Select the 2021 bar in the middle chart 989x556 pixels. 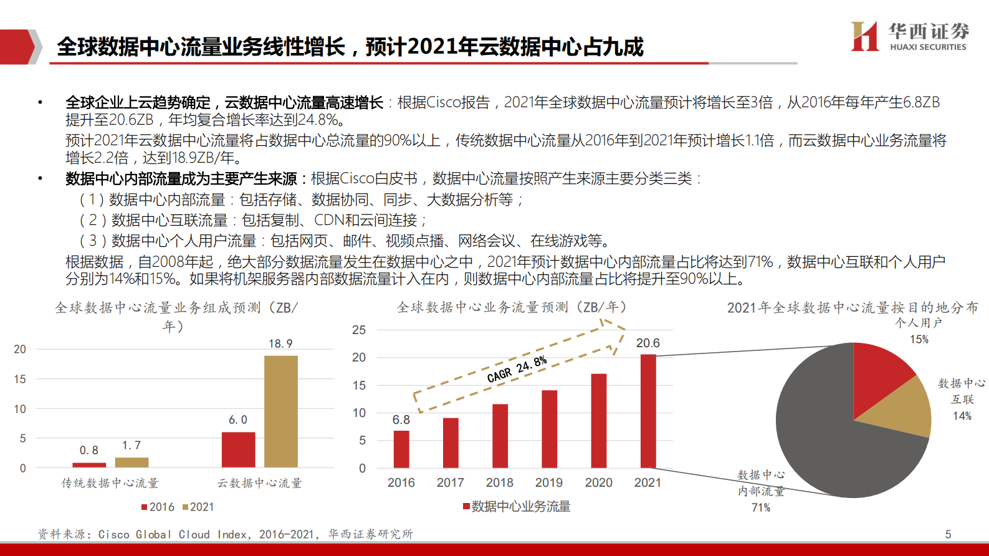pos(648,411)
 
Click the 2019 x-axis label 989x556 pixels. pos(549,482)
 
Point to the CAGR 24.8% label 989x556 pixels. pos(517,369)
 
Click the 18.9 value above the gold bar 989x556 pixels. pos(280,343)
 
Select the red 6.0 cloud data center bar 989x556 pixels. pos(238,449)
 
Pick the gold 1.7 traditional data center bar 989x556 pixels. pos(131,463)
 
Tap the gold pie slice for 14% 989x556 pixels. pos(904,408)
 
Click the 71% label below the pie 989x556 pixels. pos(761,507)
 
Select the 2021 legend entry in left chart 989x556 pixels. pos(198,507)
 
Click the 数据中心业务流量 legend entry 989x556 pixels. pos(517,506)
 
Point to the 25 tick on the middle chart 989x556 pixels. pos(359,330)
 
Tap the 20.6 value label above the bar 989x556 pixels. pos(648,343)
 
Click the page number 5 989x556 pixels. pos(948,534)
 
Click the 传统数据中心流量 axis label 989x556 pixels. pos(110,483)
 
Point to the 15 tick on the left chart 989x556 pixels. pos(20,379)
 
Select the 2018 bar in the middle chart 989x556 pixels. pos(500,436)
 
